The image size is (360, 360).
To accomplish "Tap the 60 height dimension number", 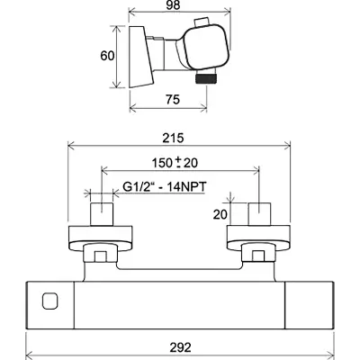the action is point(107,56).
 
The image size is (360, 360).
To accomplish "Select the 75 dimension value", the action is point(173,99).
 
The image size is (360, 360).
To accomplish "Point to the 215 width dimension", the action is point(173,139).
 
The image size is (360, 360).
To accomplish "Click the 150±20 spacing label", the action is point(175,163).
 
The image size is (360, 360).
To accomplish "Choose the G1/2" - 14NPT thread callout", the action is point(165,186).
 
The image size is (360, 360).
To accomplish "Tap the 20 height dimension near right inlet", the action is point(220,214).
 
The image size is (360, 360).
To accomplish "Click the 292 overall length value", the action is point(180,347).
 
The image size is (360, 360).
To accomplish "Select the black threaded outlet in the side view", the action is point(206,78).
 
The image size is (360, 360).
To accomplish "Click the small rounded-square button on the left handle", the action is point(50,301).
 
